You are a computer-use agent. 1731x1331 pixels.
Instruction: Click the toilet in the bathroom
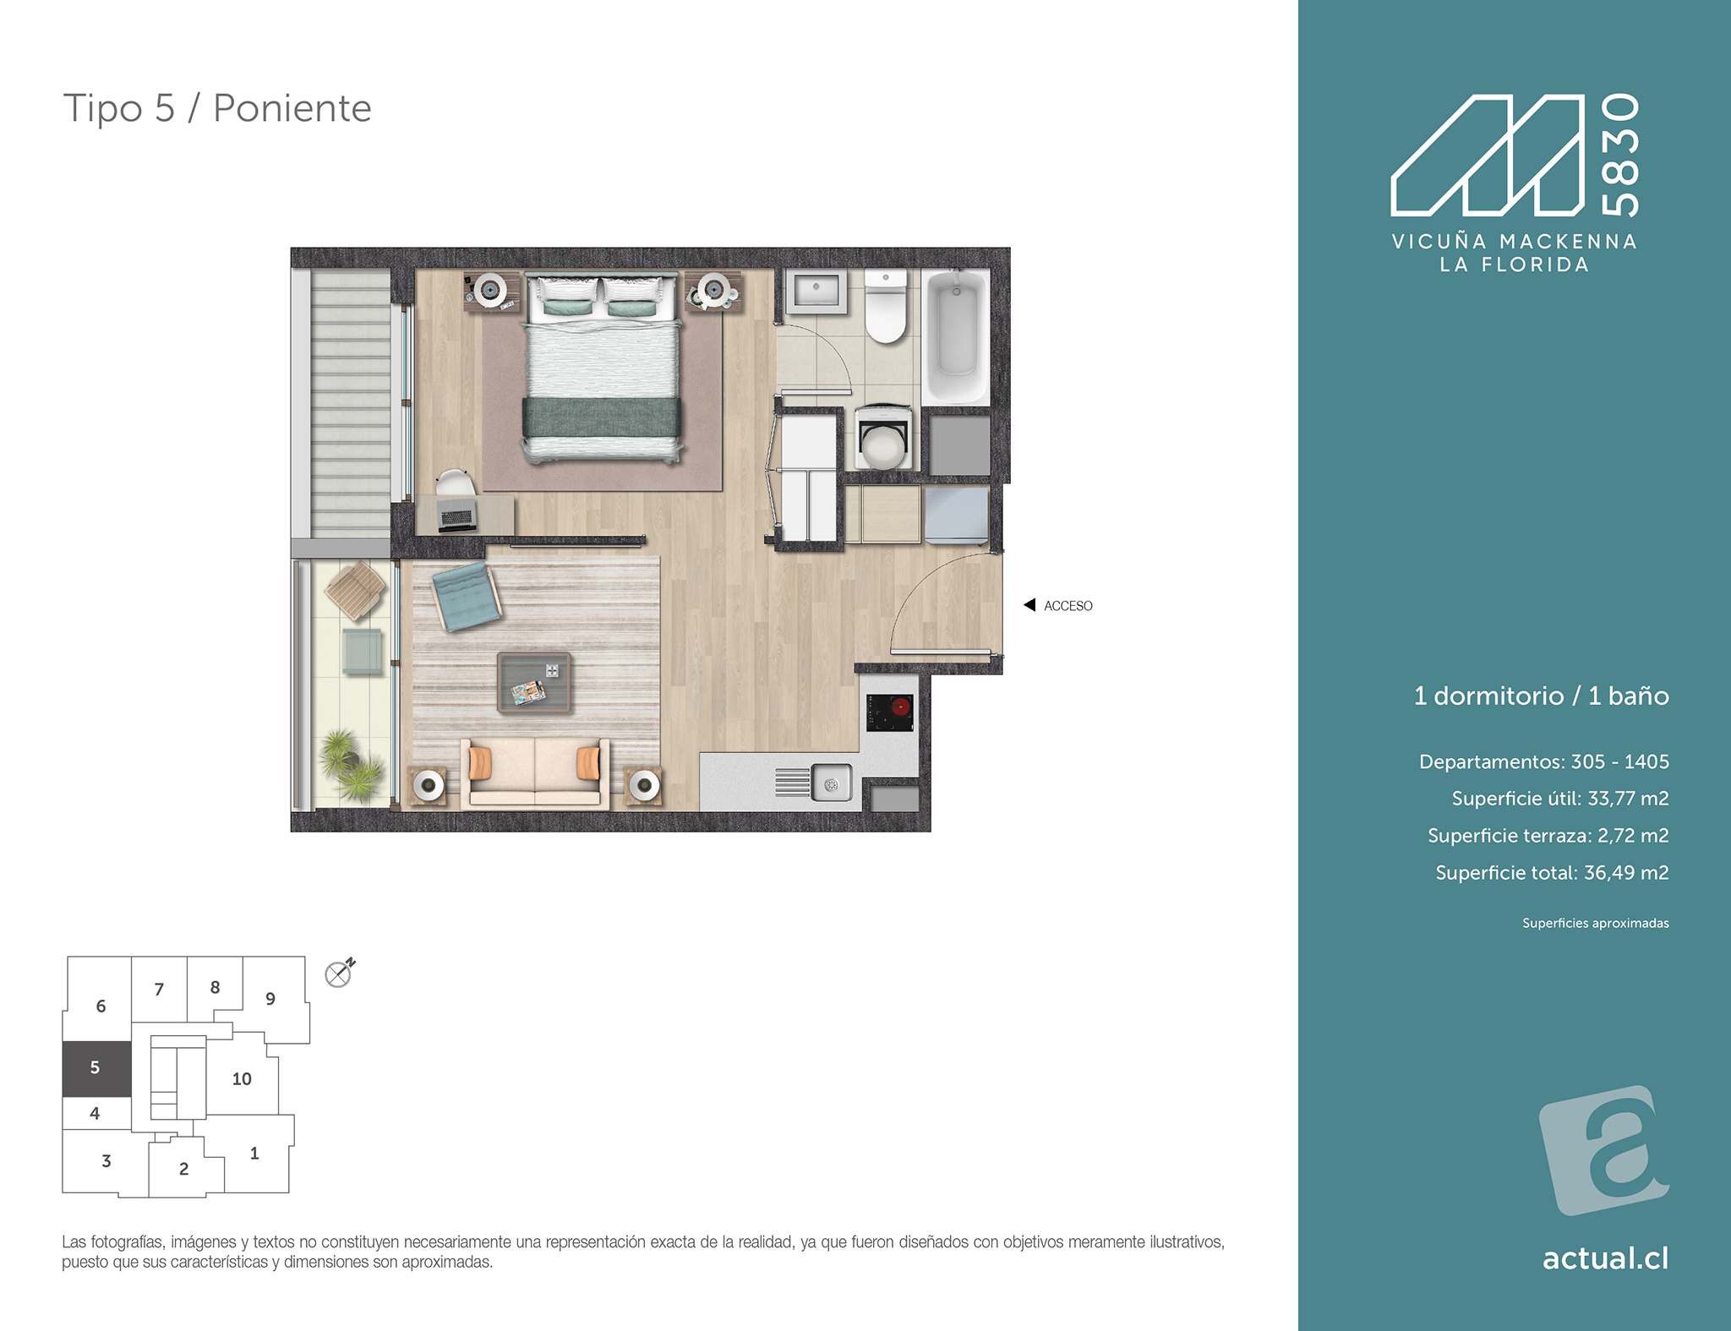point(885,306)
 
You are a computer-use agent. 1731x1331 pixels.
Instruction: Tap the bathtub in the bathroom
point(956,335)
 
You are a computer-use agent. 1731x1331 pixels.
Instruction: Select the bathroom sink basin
point(816,291)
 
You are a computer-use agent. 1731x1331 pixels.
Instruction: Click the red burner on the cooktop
point(901,706)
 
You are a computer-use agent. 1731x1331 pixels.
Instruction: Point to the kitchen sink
point(831,783)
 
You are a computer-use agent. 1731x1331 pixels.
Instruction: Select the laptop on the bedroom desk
point(456,516)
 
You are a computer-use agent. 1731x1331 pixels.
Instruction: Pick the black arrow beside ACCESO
point(1029,605)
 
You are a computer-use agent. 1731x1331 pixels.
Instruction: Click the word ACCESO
point(1068,606)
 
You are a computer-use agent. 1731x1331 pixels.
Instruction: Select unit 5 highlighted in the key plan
point(96,1068)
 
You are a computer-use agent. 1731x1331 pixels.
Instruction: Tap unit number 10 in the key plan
point(242,1079)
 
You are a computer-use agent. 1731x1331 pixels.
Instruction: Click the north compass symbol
point(339,974)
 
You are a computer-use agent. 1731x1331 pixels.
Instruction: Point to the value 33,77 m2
point(1628,799)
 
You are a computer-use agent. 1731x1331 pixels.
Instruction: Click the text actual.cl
point(1605,1258)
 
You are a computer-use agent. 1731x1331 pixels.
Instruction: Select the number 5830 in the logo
point(1620,155)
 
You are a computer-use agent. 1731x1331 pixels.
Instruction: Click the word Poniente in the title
point(292,108)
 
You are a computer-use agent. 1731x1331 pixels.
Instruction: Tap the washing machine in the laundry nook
point(883,437)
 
